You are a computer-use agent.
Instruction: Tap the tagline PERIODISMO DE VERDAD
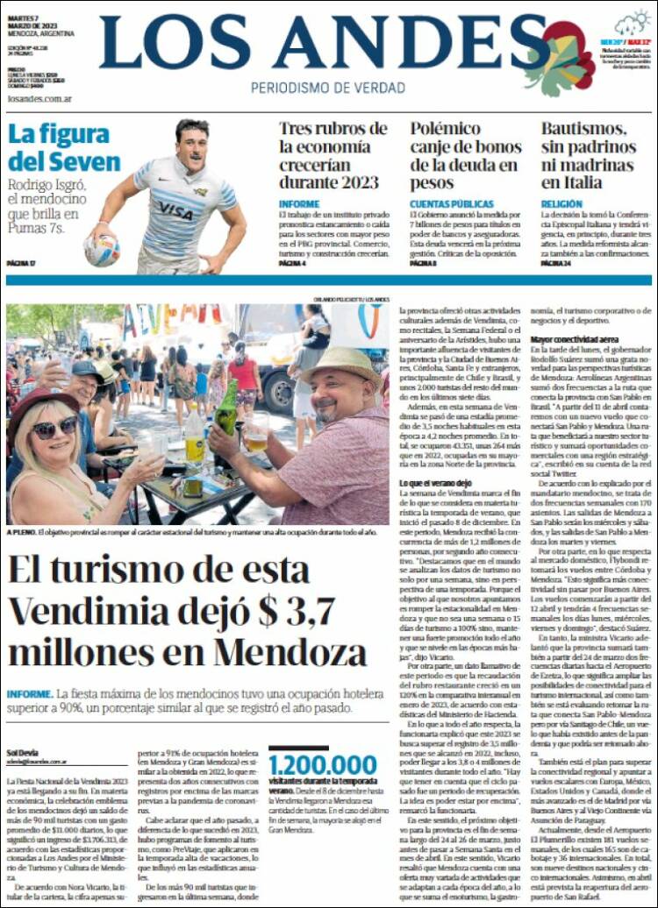(327, 88)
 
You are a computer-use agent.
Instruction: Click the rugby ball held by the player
(102, 250)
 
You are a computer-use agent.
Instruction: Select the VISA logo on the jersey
(175, 211)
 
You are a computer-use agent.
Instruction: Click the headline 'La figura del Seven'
(64, 148)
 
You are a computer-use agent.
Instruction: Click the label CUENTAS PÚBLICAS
(445, 203)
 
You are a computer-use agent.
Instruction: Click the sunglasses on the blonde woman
(54, 428)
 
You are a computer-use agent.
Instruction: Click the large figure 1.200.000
(322, 764)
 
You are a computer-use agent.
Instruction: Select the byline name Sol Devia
(24, 752)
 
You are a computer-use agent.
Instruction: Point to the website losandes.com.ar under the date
(39, 99)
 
